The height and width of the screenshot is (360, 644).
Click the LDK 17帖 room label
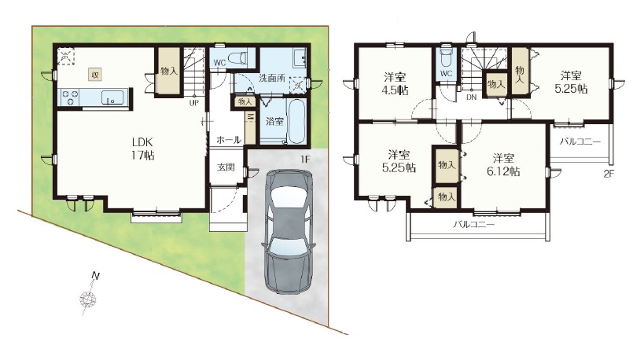click(143, 149)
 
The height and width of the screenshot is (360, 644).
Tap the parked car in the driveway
click(288, 232)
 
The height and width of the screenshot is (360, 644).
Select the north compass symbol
click(90, 295)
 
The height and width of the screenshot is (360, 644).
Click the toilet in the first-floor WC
click(236, 58)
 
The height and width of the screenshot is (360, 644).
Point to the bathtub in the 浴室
click(296, 121)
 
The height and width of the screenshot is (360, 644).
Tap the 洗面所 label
click(272, 78)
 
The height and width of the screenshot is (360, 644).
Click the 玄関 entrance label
click(226, 167)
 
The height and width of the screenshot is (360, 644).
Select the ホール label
click(229, 140)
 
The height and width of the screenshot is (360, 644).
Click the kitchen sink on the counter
click(112, 98)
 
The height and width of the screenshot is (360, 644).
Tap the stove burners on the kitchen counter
click(70, 98)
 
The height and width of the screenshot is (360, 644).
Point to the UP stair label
click(194, 103)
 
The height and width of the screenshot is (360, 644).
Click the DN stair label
click(472, 97)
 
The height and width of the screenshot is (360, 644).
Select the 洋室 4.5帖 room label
click(396, 83)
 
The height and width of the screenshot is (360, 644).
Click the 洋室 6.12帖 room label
click(503, 164)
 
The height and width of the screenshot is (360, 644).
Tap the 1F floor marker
click(304, 160)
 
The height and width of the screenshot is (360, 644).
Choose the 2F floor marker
click(609, 174)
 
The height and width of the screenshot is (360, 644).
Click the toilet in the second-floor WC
click(446, 57)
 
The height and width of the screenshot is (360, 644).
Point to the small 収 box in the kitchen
click(95, 75)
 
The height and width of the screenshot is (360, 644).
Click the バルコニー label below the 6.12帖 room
click(474, 225)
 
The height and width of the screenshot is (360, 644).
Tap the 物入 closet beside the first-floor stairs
click(169, 72)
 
